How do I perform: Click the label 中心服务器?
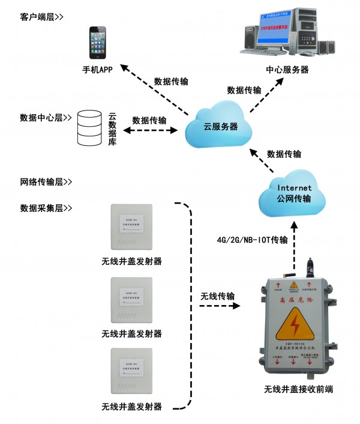(287, 70)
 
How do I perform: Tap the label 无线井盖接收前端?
(298, 389)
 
